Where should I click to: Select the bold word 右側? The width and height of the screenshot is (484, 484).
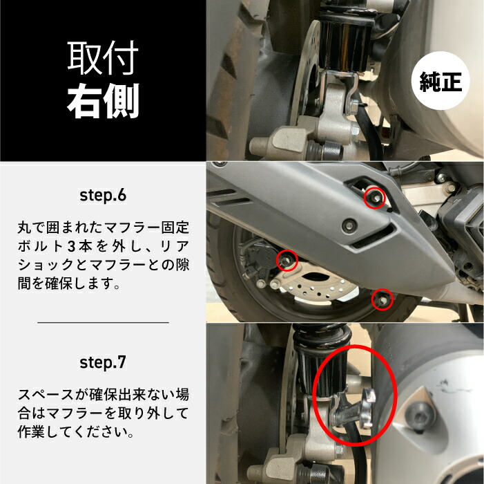pos(103,101)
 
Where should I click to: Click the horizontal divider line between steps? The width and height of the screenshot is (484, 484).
pos(103,322)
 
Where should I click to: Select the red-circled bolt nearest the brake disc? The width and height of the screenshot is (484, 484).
pos(287,260)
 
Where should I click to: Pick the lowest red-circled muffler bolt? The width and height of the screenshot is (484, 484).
pos(380,299)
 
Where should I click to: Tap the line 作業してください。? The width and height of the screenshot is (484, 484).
pos(76,433)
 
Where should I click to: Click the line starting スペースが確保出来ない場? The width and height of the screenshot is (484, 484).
pos(103,395)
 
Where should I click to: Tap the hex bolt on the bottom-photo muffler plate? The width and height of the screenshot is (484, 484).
pos(416,413)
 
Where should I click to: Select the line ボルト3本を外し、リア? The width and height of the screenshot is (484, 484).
pos(103,246)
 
